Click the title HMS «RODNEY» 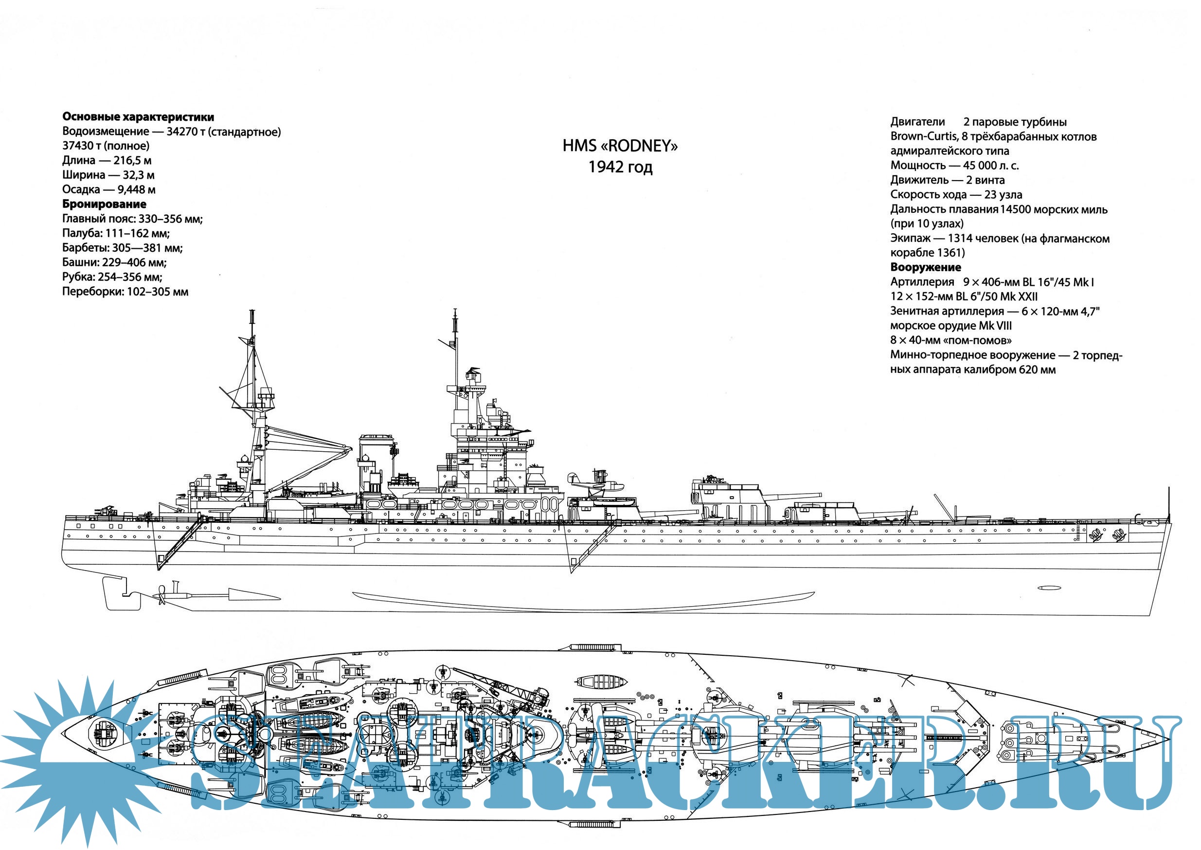point(620,146)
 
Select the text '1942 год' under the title point(620,167)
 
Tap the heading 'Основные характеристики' point(138,117)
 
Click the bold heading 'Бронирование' point(104,204)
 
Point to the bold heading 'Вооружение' point(925,267)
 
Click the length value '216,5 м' point(132,161)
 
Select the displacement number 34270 point(181,131)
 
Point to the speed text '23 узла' point(1003,195)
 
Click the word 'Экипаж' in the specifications point(910,239)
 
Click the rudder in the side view point(116,594)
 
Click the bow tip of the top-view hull point(1168,739)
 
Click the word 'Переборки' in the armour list point(92,292)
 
